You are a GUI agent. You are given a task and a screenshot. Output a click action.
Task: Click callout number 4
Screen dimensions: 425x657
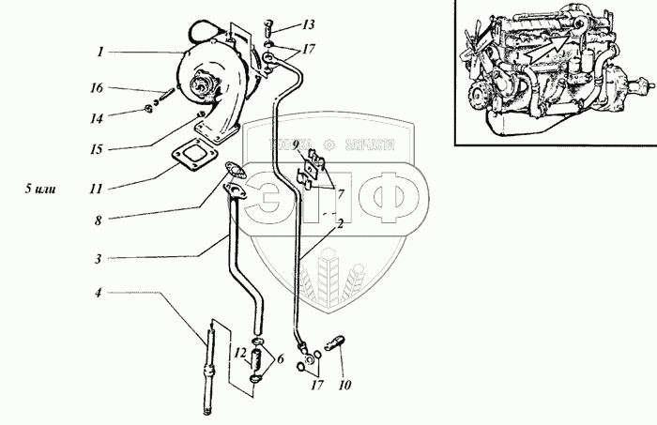pyautogui.click(x=98, y=293)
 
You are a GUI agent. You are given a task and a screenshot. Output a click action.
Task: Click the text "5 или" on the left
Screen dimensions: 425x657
pyautogui.click(x=42, y=189)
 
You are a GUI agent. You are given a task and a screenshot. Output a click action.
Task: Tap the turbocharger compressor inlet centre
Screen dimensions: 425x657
pyautogui.click(x=203, y=89)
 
